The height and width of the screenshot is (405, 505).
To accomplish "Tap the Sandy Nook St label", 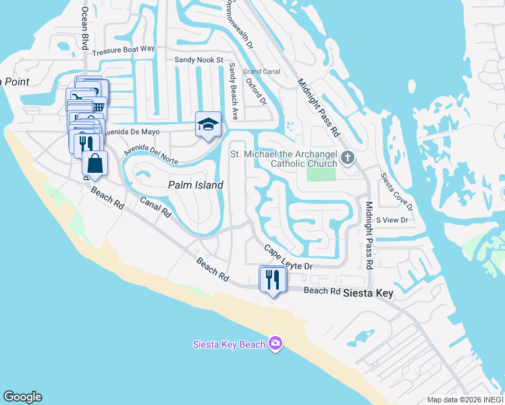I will click(x=198, y=60).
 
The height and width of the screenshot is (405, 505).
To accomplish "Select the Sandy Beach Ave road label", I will click(x=232, y=91).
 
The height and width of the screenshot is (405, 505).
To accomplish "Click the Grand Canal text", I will click(x=261, y=71).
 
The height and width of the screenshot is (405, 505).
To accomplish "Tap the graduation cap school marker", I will click(x=208, y=124).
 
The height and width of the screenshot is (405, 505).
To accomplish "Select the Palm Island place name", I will click(x=195, y=184).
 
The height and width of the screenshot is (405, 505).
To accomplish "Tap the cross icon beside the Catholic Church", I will click(x=348, y=158).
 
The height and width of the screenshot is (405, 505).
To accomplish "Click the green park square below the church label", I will click(x=321, y=173).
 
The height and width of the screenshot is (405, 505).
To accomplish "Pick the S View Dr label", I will click(x=392, y=220).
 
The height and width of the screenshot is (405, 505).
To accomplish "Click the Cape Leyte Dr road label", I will click(x=288, y=258).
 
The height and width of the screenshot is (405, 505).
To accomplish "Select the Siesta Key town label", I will click(x=368, y=294).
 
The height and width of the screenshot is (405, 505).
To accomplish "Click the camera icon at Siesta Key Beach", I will click(x=275, y=344).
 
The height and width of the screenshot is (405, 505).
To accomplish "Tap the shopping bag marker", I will click(x=95, y=163).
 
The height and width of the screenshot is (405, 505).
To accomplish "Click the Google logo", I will click(x=22, y=397).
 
